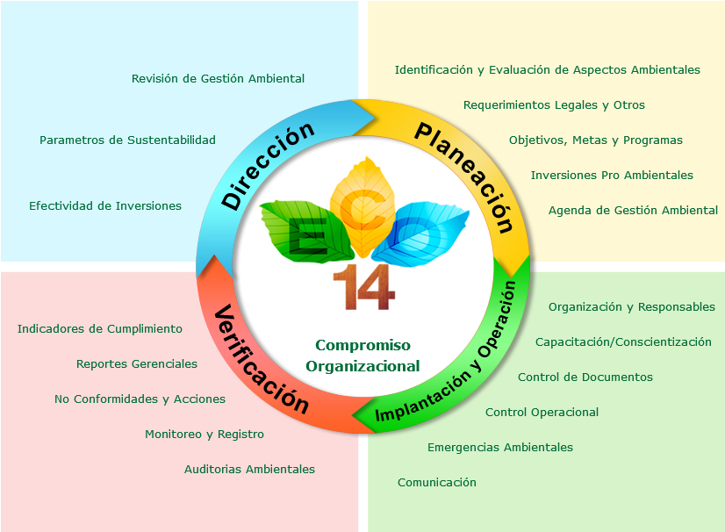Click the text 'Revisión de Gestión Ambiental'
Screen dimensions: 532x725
[218, 79]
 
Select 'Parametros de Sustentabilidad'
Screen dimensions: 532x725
[127, 140]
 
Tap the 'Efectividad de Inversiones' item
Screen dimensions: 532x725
[105, 206]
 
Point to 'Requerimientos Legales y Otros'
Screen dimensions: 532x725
[554, 105]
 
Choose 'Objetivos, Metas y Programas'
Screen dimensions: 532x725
[595, 140]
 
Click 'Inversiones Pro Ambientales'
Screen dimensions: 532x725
[612, 176]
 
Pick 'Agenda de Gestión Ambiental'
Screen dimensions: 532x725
[633, 211]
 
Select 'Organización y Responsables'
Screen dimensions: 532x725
[631, 307]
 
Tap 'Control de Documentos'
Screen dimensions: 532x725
[585, 377]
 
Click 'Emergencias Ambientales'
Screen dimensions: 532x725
[499, 448]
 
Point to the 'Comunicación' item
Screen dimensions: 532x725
[436, 483]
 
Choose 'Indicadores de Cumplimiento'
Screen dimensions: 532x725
[100, 329]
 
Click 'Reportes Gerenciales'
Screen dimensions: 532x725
[137, 364]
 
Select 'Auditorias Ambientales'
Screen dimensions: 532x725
[249, 470]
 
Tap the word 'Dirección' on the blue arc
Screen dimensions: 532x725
[268, 166]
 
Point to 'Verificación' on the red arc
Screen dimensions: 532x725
[262, 360]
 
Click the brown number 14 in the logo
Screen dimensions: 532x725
[359, 287]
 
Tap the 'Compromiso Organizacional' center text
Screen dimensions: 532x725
[362, 356]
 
